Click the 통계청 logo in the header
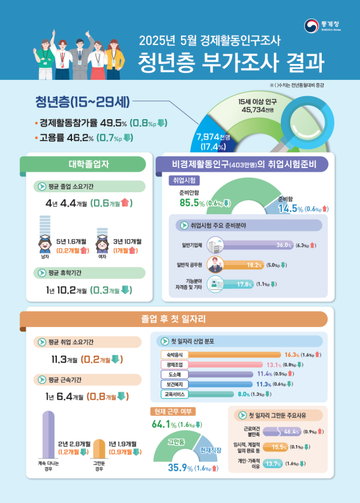pyautogui.click(x=322, y=26)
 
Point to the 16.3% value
pyautogui.click(x=292, y=355)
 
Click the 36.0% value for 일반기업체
pyautogui.click(x=283, y=245)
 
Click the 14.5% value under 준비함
pyautogui.click(x=291, y=209)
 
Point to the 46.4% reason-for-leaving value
pyautogui.click(x=291, y=432)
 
